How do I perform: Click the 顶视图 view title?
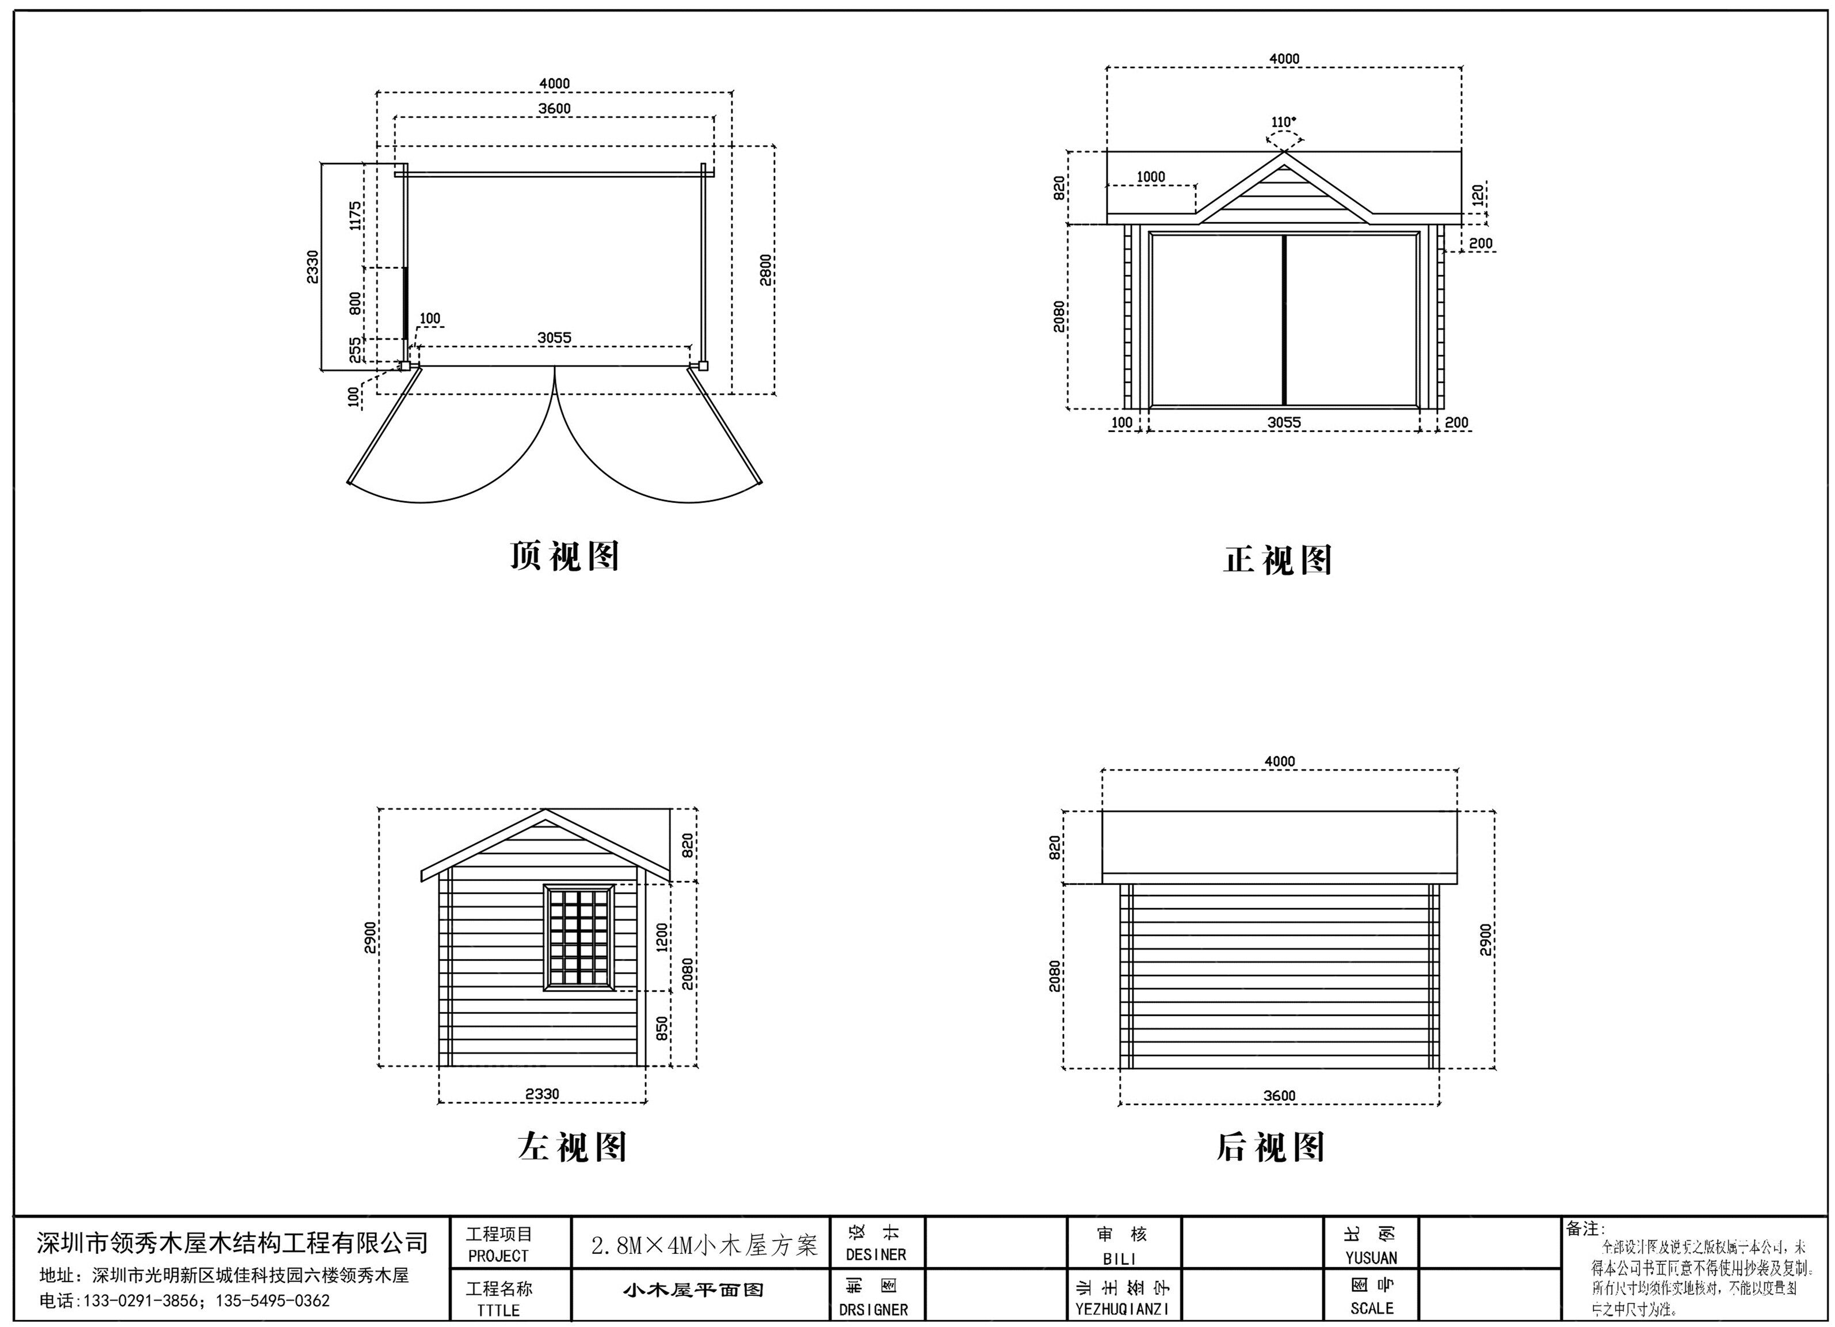(564, 556)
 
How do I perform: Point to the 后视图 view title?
(1271, 1147)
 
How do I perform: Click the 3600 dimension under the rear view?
(1279, 1096)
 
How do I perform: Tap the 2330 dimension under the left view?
(542, 1094)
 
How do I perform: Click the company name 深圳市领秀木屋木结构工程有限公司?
(232, 1242)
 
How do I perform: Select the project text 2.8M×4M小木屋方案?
(703, 1245)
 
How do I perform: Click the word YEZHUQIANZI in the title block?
(1121, 1309)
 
